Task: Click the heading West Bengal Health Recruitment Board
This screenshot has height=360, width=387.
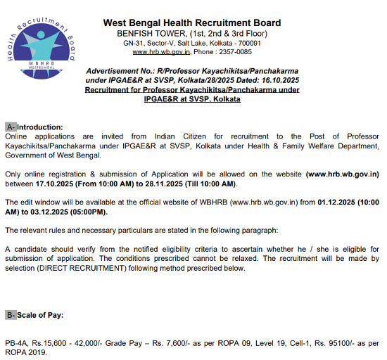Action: [x=192, y=22]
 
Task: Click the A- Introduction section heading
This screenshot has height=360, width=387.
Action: [x=34, y=127]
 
